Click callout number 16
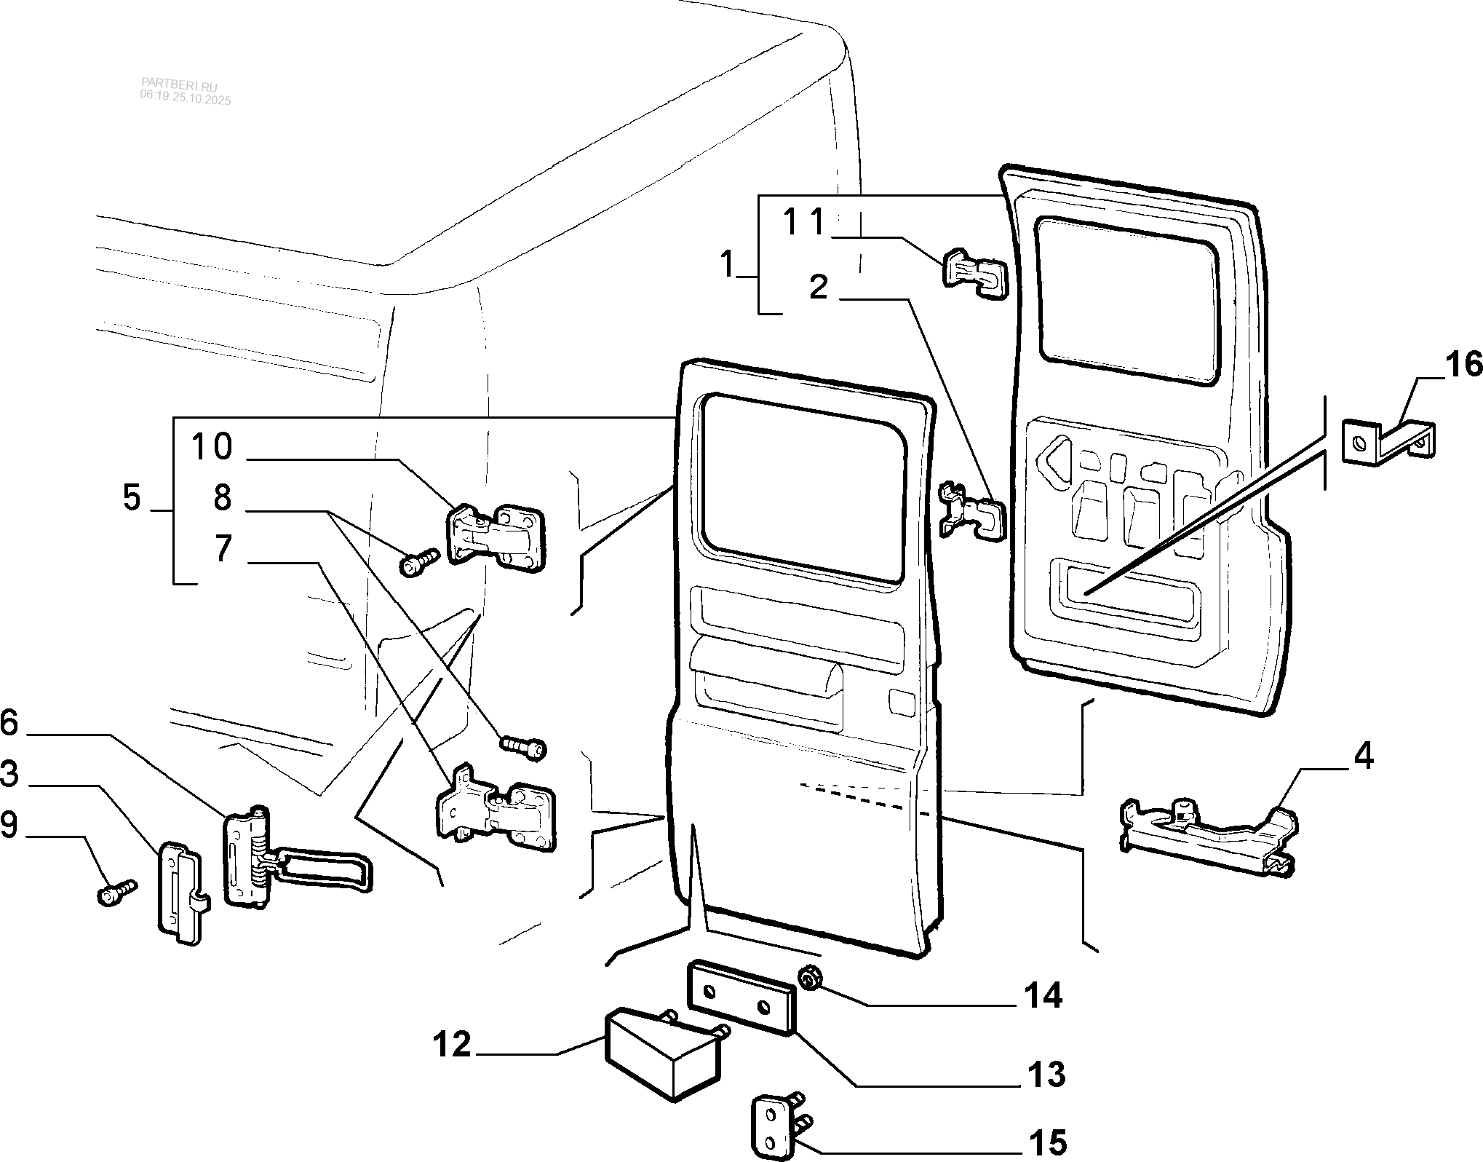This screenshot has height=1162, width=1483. (x=1463, y=364)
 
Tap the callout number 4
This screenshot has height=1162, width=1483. (x=1362, y=757)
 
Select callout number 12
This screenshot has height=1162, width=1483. (x=452, y=1046)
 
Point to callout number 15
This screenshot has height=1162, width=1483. (x=1047, y=1142)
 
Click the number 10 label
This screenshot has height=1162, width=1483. (x=212, y=446)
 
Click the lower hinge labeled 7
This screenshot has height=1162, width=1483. (x=495, y=808)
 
